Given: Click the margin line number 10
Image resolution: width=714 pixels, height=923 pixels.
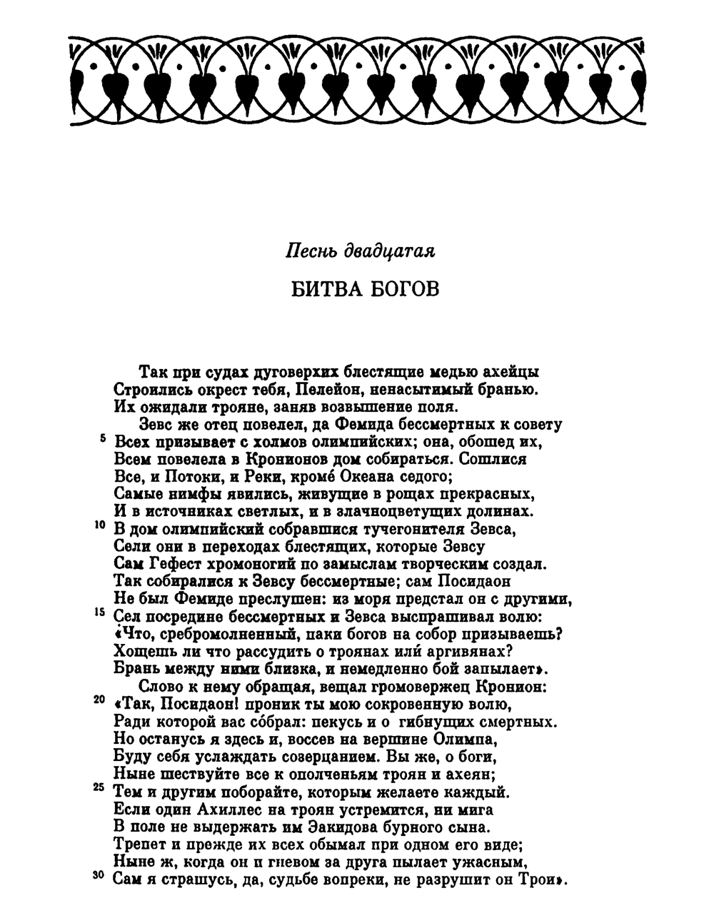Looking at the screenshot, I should [x=101, y=525].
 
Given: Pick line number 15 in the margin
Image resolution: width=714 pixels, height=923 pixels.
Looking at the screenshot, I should [x=101, y=612].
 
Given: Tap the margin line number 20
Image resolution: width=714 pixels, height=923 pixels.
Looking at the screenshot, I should [x=101, y=700].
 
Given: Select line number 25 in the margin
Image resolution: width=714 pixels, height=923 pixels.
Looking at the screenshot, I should [x=101, y=787].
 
